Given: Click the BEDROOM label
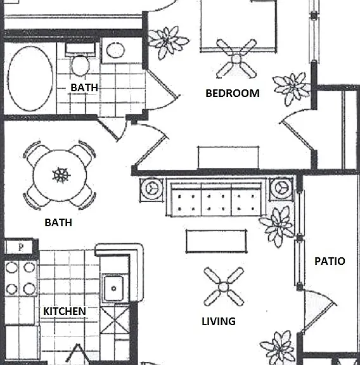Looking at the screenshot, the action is (233, 93).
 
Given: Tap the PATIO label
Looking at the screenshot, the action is (330, 261).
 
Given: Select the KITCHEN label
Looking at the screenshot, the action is (65, 311).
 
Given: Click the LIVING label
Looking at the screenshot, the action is (219, 321).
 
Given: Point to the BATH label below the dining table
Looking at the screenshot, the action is (58, 222).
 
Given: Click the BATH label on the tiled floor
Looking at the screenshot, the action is (84, 87).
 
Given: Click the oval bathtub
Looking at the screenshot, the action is (30, 79).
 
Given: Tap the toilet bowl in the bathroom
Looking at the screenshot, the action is (80, 66).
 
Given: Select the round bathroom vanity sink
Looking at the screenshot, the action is (115, 50).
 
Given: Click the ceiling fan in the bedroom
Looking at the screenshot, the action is (236, 59).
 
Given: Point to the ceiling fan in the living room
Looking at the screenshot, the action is (224, 287).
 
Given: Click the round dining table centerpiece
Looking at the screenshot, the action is (61, 175).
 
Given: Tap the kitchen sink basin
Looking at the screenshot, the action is (113, 288).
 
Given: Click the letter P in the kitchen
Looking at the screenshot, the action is (21, 247).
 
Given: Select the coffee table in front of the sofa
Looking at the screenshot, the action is (216, 241).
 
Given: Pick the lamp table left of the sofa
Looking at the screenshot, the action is (152, 189).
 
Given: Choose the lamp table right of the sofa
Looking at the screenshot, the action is (281, 189).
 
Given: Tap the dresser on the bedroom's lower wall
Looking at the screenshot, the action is (228, 157).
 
